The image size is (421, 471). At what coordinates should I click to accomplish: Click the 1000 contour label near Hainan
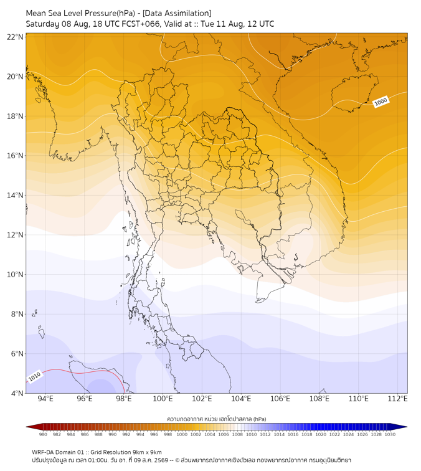coord(381,102)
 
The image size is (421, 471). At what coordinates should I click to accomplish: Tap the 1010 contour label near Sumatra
coord(34,376)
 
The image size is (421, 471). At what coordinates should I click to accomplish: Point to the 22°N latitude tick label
coord(15,37)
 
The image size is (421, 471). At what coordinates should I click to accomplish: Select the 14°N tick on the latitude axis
coord(15,195)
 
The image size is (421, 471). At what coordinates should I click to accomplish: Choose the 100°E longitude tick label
coord(163,399)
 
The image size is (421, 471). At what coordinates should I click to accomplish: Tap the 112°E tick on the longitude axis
coord(397,399)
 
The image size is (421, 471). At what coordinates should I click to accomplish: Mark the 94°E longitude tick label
coord(45,399)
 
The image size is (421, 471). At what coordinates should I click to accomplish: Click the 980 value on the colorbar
coord(43,434)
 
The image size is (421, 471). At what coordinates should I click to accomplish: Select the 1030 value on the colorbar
coord(390,434)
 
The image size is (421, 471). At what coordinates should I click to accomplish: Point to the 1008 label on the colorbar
coord(237,434)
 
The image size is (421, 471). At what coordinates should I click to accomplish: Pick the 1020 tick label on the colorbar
coord(321,434)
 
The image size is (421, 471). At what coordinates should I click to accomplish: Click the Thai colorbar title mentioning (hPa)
coord(217,419)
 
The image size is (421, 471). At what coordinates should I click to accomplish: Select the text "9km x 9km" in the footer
coord(147,452)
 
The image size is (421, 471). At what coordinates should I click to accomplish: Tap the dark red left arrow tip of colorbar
coord(27,427)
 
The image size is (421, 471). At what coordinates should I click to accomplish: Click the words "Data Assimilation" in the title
coord(177,13)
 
